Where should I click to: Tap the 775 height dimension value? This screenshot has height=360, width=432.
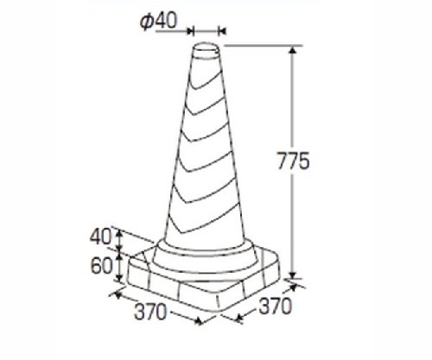[x=293, y=161]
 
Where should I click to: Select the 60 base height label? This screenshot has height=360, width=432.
[x=101, y=266]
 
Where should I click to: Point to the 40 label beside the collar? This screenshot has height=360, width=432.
[x=100, y=237]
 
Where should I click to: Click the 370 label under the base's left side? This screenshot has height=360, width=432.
[x=150, y=312]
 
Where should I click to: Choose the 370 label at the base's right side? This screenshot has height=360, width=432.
[x=276, y=306]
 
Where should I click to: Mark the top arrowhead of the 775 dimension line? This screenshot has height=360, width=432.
[x=293, y=51]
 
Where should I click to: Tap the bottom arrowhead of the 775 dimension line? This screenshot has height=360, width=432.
[x=293, y=275]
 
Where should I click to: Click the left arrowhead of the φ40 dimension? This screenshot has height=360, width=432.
[x=190, y=30]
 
